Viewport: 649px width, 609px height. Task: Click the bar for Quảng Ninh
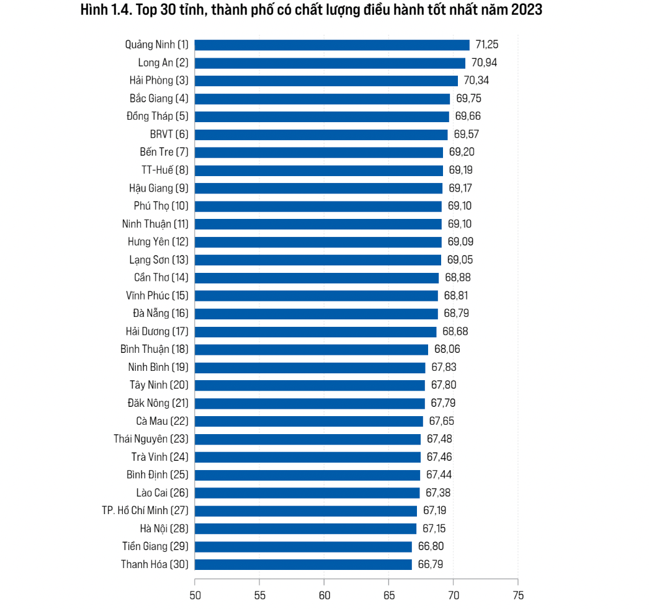point(332,45)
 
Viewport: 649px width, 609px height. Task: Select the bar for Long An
point(329,63)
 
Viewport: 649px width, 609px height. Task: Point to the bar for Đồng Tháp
point(321,117)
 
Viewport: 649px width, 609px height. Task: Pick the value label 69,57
point(467,134)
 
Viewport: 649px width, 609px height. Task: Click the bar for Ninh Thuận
point(318,224)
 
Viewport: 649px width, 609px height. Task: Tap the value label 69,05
point(460,260)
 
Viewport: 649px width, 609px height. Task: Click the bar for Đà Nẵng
point(316,314)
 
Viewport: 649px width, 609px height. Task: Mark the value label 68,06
point(447,349)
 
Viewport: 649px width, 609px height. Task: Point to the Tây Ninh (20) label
point(158,385)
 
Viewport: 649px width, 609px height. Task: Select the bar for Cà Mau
point(308,421)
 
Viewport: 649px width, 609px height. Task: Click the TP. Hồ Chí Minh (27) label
point(145,510)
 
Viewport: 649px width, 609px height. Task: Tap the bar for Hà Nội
point(305,528)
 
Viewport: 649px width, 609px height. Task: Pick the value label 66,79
point(431,564)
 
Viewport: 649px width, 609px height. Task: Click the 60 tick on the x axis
point(324,595)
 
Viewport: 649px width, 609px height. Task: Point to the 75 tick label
point(517,595)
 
